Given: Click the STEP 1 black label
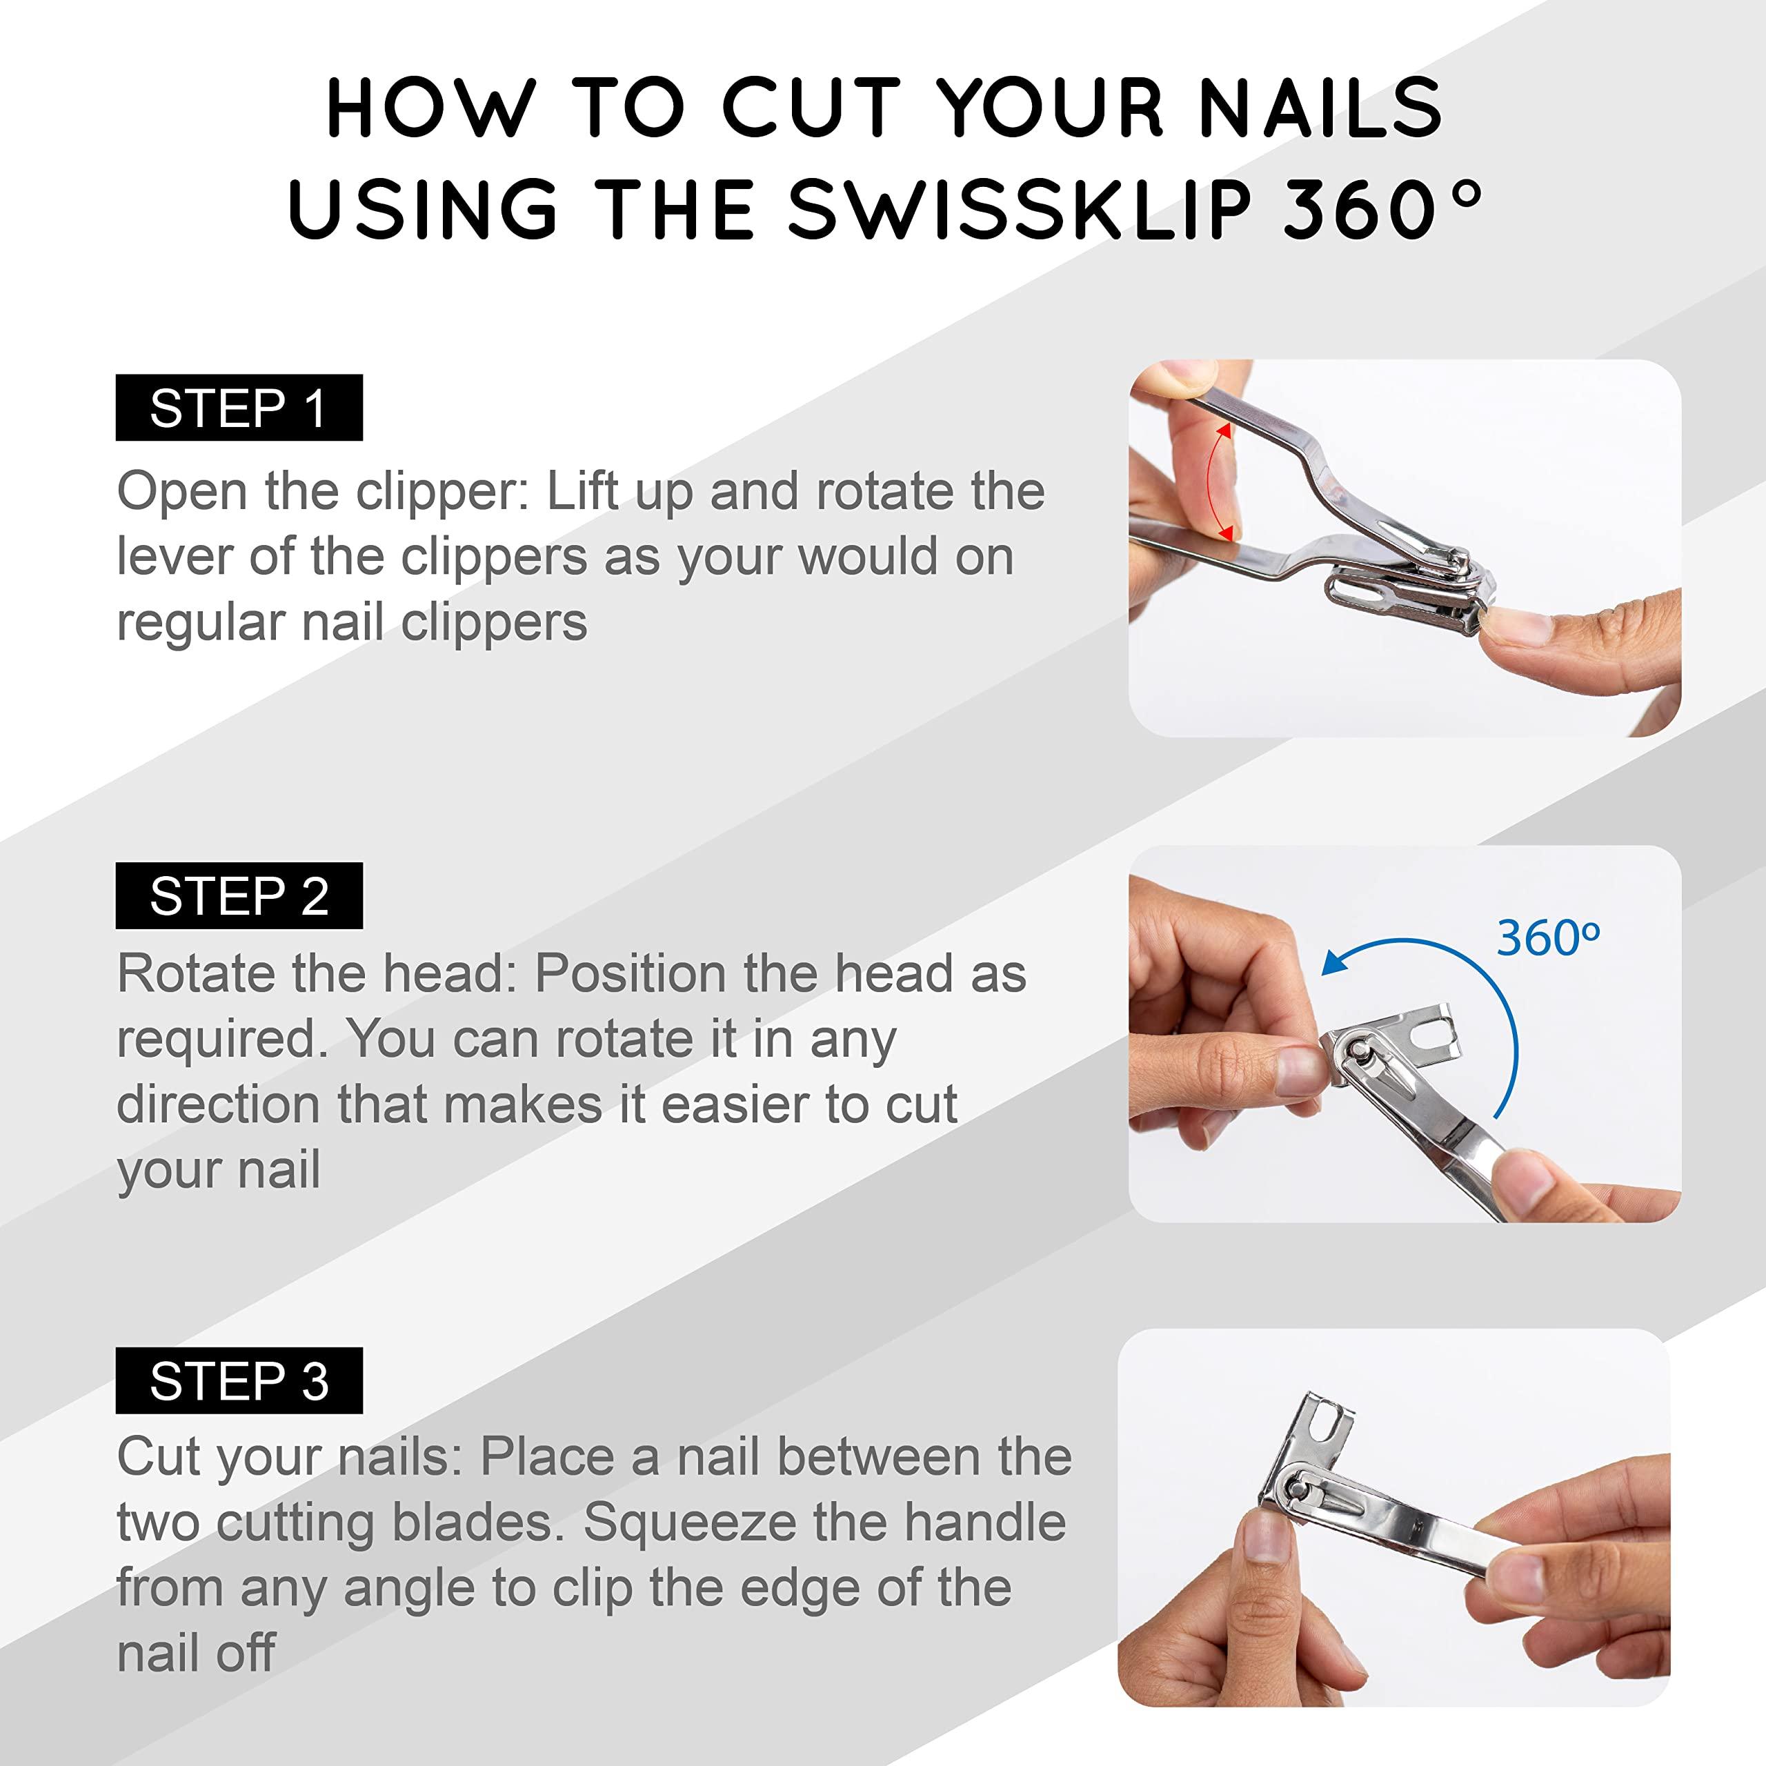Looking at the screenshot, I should [239, 408].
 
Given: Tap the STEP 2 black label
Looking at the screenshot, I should [239, 896].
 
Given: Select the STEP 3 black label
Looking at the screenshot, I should [239, 1380].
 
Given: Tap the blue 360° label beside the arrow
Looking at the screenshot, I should [1547, 938].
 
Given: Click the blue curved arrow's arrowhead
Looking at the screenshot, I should [1336, 962].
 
